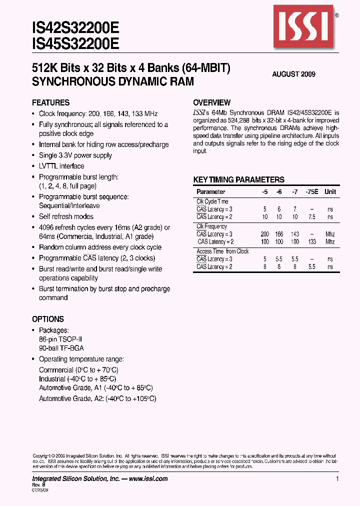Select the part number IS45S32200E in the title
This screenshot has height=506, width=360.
[x=75, y=44]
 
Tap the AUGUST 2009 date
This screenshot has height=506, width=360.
[x=293, y=74]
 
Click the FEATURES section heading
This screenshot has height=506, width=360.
[x=50, y=102]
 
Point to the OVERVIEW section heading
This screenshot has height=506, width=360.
[x=212, y=102]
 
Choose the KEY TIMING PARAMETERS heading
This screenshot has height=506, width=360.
[x=239, y=180]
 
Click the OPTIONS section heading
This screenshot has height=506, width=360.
[x=48, y=319]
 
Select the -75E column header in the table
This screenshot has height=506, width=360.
[x=313, y=192]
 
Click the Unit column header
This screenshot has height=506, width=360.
[x=330, y=192]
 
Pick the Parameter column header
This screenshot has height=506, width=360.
[x=211, y=192]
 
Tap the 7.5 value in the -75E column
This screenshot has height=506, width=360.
[x=312, y=217]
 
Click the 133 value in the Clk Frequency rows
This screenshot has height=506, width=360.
[x=312, y=242]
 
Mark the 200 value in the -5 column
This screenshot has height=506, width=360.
[x=264, y=234]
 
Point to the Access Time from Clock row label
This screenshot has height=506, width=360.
[x=222, y=251]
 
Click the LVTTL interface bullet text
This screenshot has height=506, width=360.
[x=61, y=166]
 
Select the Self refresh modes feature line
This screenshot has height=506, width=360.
[x=66, y=216]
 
